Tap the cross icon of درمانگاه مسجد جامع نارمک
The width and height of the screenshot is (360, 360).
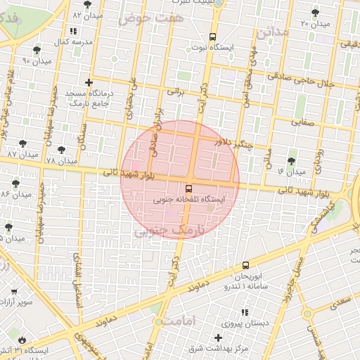pyautogui.click(x=88, y=83)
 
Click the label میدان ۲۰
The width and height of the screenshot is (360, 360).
pyautogui.click(x=314, y=23)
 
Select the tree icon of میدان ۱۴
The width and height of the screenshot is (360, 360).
pyautogui.click(x=291, y=161)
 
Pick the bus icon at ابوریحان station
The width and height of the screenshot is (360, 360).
pyautogui.click(x=245, y=265)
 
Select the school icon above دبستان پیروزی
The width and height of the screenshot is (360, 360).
pyautogui.click(x=245, y=313)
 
